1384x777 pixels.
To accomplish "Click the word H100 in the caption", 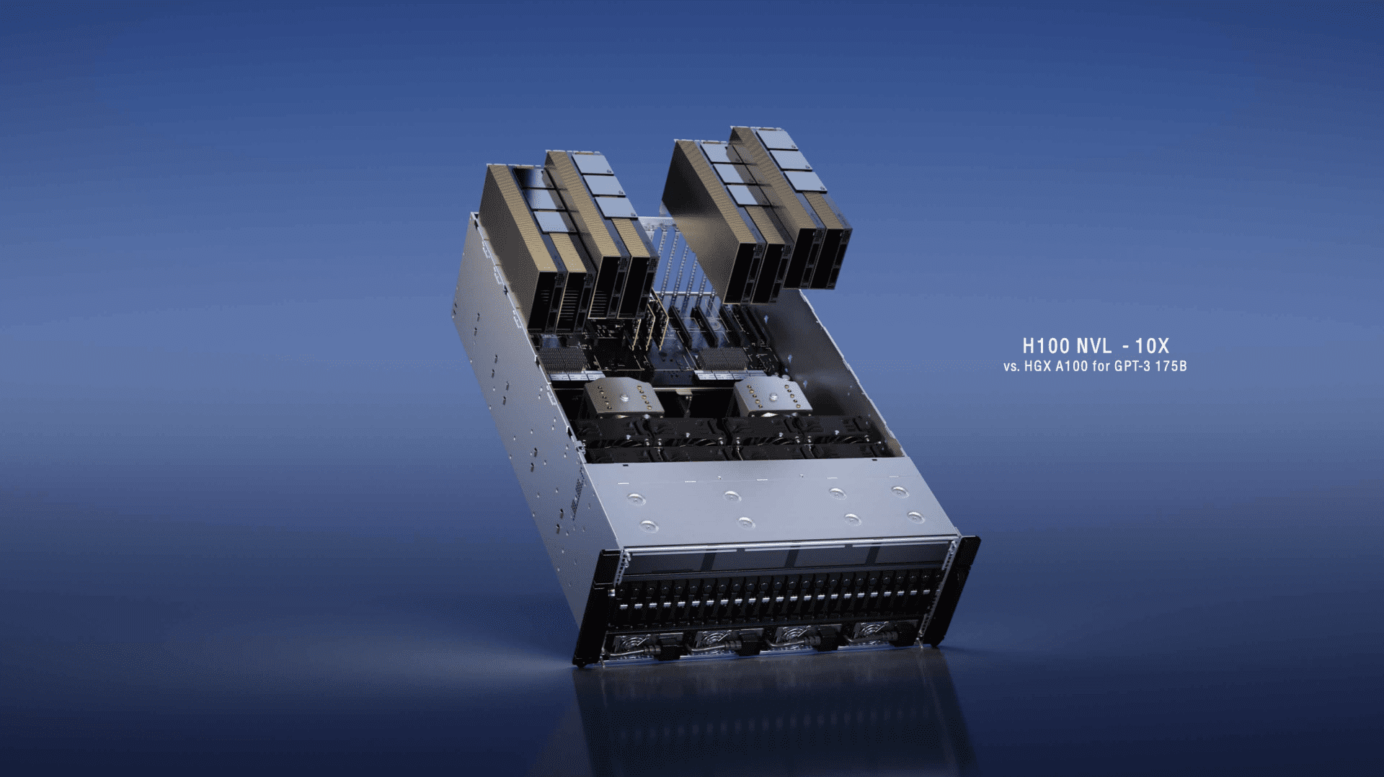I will click(x=1045, y=347).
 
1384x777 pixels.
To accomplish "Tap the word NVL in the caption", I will click(x=1094, y=347).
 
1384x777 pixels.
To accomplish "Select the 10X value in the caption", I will click(x=1151, y=347).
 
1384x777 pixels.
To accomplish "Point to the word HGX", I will click(x=1038, y=366).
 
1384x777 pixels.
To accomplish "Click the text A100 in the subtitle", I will click(x=1071, y=366).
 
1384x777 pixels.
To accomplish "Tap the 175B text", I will click(x=1171, y=366).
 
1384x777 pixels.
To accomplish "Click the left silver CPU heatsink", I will click(x=622, y=399).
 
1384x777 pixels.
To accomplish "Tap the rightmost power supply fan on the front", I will click(x=872, y=630).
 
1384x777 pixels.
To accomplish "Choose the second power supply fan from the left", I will click(x=714, y=639).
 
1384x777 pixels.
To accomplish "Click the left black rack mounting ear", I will click(x=598, y=605).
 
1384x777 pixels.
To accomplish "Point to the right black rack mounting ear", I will click(x=957, y=587).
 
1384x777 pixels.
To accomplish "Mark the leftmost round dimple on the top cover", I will click(x=635, y=498).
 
